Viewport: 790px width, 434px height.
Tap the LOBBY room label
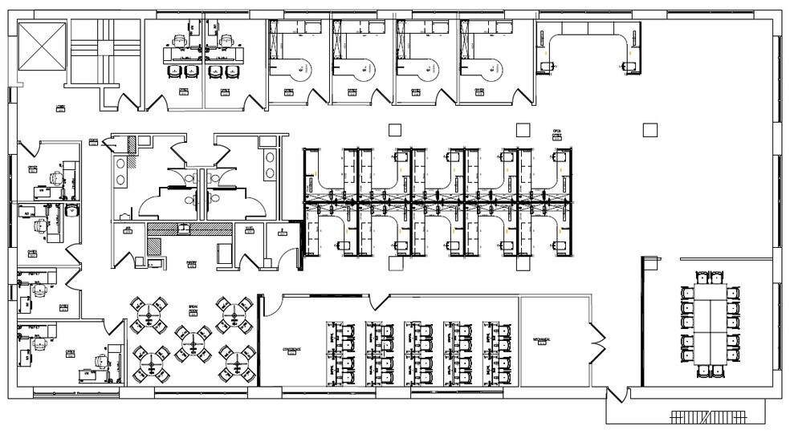60,106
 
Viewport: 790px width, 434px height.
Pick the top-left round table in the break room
149,311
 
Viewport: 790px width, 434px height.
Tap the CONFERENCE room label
291,351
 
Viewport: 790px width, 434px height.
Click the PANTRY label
192,262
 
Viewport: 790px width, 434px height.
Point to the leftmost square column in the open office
393,129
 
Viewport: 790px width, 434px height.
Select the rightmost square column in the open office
650,128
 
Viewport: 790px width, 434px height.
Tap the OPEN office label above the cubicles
556,131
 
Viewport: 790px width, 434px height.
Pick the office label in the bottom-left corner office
71,351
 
